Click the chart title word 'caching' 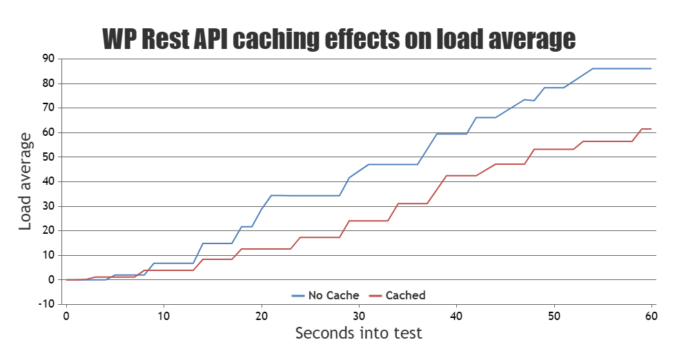tap(275, 39)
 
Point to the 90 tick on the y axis tap(48, 59)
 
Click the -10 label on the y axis tap(46, 304)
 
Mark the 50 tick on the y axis tap(48, 157)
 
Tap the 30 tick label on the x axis tap(359, 315)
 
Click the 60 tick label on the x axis tap(651, 315)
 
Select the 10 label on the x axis tap(164, 315)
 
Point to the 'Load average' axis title tap(26, 181)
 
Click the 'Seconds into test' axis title tap(358, 333)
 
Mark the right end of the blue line tap(651, 68)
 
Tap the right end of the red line tap(651, 129)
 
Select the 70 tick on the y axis tap(48, 108)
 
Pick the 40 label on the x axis tap(456, 315)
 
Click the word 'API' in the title tap(206, 39)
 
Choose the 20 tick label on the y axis tap(48, 230)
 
